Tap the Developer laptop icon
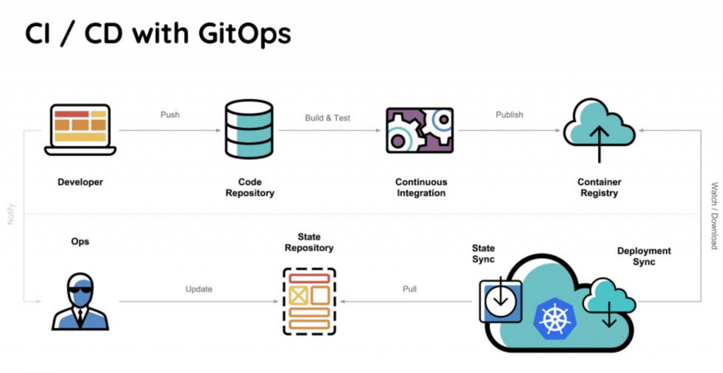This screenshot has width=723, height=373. (x=80, y=130)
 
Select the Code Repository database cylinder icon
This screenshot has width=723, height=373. (x=249, y=129)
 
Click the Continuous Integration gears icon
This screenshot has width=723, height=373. (x=419, y=130)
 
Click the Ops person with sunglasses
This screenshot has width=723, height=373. (x=80, y=302)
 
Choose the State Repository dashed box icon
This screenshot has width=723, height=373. (x=309, y=302)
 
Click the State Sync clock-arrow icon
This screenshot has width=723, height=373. (x=501, y=301)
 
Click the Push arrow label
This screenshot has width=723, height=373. (x=169, y=115)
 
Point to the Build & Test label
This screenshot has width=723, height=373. (x=328, y=118)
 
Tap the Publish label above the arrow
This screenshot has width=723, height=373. (x=510, y=115)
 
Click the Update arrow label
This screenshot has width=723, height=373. (x=198, y=289)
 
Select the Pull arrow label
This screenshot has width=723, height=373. (x=410, y=289)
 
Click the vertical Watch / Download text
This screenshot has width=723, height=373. (x=714, y=216)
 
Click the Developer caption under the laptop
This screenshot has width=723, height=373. (x=80, y=182)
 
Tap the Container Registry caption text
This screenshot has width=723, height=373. (x=599, y=188)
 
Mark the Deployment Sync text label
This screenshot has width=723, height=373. (x=644, y=257)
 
